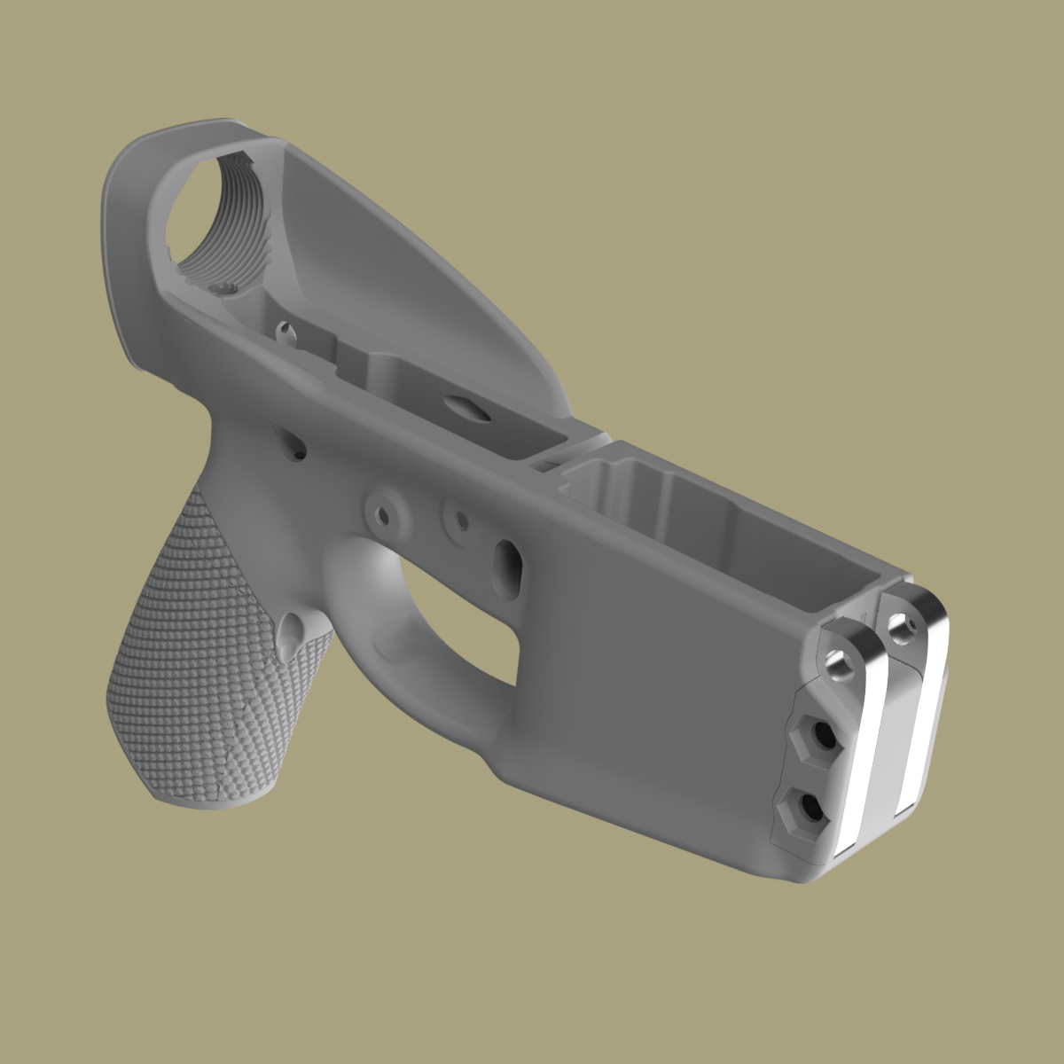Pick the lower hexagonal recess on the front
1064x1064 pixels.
coord(804,806)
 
